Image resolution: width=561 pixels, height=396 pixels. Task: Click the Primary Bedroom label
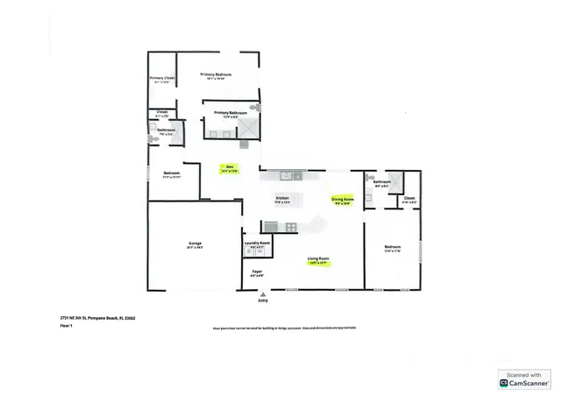click(216, 75)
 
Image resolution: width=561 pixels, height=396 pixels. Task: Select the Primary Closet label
click(162, 79)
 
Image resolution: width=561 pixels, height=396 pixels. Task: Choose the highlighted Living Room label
click(317, 259)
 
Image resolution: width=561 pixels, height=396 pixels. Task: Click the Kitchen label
click(282, 200)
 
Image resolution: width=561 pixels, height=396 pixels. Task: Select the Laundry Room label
click(257, 243)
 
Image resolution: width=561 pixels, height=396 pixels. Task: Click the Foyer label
click(257, 272)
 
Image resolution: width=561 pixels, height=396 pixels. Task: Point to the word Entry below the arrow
click(262, 301)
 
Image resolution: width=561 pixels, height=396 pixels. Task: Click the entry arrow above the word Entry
click(262, 294)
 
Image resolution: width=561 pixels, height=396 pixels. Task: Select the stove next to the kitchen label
click(271, 227)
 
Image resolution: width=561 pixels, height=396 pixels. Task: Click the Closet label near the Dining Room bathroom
click(409, 200)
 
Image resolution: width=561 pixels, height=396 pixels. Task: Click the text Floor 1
click(54, 325)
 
